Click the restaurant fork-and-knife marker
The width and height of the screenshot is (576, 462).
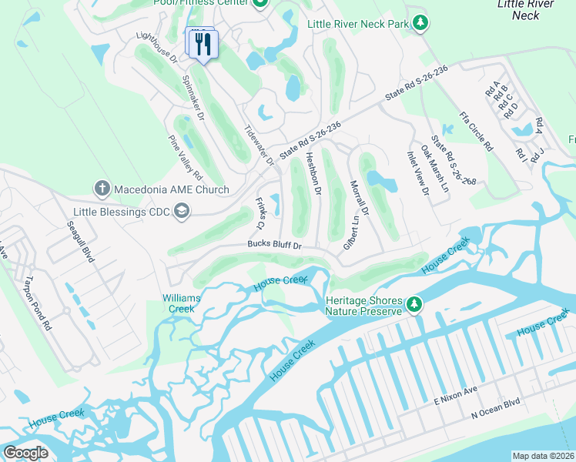tap(203, 44)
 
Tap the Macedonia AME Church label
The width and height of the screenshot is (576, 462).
tap(172, 189)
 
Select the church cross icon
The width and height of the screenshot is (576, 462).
tap(102, 188)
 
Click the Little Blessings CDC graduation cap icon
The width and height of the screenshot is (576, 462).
tap(182, 211)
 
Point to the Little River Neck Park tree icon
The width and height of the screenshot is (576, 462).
tap(420, 24)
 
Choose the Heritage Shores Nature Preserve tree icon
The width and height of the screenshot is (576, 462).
tap(414, 305)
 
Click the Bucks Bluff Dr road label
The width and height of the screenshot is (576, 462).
tap(273, 246)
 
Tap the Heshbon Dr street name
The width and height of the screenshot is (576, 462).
tap(313, 172)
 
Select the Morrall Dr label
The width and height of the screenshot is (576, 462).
tap(360, 199)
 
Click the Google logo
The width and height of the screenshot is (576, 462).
tap(26, 452)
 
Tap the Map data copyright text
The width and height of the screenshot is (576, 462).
tap(542, 456)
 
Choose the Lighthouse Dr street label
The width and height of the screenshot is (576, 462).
tap(156, 47)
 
